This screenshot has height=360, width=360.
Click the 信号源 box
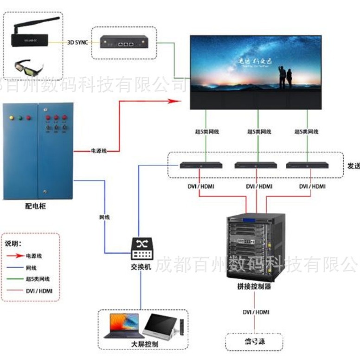click(x=254, y=342)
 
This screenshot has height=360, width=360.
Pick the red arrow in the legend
click(x=16, y=256)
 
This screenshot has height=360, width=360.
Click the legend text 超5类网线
click(x=38, y=279)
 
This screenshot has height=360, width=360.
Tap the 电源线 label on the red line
click(x=98, y=151)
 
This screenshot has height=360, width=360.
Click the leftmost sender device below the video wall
click(x=200, y=165)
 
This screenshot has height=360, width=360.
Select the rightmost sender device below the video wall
click(x=307, y=165)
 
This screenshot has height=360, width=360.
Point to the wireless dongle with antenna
click(x=35, y=33)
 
